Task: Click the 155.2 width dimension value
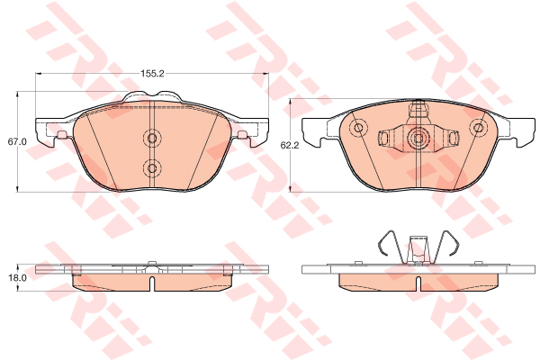click(152, 74)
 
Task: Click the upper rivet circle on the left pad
click(152, 138)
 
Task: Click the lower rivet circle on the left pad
click(152, 168)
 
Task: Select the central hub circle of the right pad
click(418, 139)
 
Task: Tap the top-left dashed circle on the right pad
click(358, 128)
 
